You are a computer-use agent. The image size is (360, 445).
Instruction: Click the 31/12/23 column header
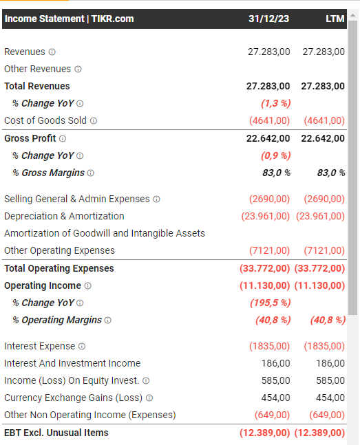[x=268, y=19]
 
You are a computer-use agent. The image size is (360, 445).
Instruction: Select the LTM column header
[x=335, y=19]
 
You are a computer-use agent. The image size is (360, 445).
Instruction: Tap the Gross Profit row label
[x=30, y=138]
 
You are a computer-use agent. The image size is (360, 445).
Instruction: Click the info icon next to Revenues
[x=52, y=52]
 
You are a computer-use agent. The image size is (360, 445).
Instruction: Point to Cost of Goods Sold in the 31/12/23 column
[x=269, y=120]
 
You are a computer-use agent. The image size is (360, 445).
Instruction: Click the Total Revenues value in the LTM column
[x=323, y=86]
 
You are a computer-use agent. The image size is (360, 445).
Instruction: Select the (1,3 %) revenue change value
[x=275, y=103]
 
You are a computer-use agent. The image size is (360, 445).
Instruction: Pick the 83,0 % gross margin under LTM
[x=331, y=173]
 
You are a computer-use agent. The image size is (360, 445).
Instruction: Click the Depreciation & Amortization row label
[x=64, y=216]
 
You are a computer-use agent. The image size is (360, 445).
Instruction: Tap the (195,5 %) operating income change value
[x=271, y=303]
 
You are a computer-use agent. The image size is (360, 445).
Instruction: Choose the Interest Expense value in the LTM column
[x=324, y=346]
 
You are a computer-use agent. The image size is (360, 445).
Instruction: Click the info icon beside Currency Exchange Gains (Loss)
[x=149, y=398]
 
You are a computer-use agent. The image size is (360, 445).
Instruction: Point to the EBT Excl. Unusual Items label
[x=56, y=433]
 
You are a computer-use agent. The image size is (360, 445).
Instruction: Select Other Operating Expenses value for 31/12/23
[x=269, y=250]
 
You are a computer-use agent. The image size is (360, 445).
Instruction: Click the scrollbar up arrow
[x=353, y=15]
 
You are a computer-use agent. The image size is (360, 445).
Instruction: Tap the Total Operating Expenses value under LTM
[x=319, y=268]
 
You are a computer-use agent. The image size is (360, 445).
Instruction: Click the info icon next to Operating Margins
[x=107, y=320]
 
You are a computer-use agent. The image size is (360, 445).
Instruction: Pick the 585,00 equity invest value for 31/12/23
[x=275, y=380]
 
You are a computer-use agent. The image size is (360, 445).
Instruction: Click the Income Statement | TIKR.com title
[x=69, y=19]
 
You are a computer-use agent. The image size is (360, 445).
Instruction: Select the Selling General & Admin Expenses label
[x=77, y=199]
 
